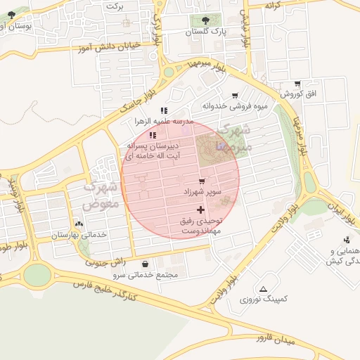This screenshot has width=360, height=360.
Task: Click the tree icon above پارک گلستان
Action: point(205,20)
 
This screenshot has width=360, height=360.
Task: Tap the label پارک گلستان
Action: point(211,32)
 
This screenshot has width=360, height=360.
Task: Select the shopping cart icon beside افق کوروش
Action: point(298,84)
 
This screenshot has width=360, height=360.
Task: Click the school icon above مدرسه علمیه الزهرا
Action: point(164,110)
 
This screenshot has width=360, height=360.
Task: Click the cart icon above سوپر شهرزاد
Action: point(202,181)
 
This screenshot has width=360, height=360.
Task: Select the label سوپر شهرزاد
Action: point(202,192)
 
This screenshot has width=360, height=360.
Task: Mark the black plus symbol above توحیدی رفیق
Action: point(201,210)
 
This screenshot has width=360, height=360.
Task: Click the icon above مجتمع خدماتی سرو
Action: point(145,264)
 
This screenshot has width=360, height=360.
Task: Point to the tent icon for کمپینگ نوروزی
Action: point(263,289)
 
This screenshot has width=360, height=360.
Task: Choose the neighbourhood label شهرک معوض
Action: point(98,196)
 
